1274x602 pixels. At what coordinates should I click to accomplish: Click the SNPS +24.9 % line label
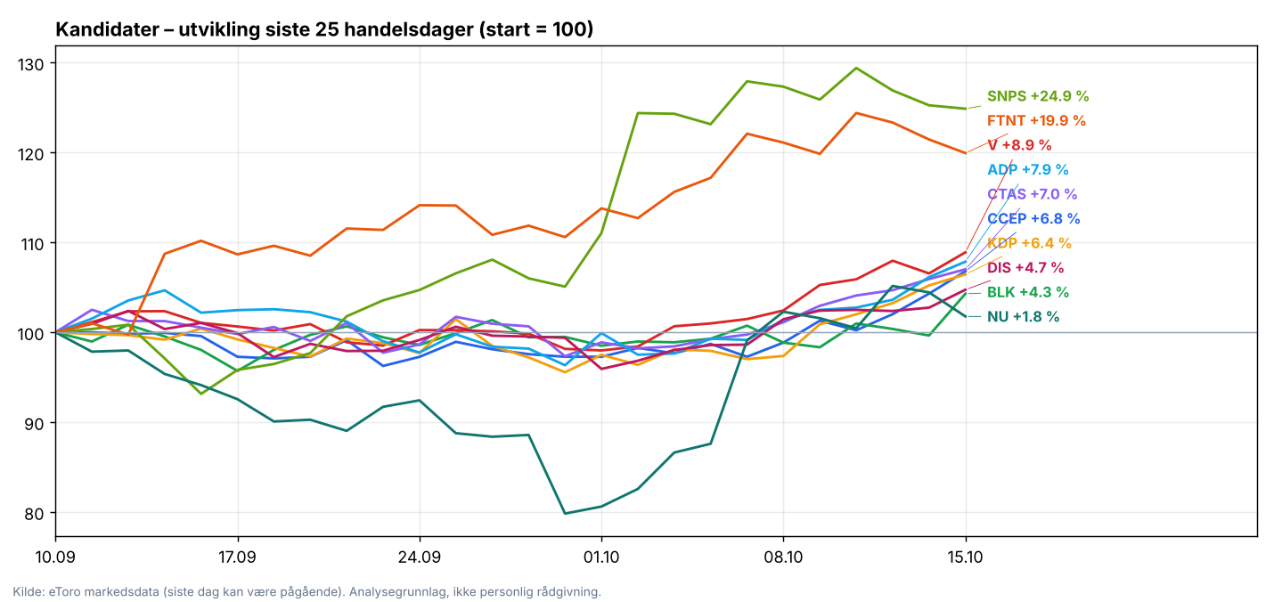pyautogui.click(x=1038, y=96)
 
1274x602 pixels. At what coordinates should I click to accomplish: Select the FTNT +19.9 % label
pyautogui.click(x=1036, y=120)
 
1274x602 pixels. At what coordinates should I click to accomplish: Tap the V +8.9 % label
pyautogui.click(x=1020, y=145)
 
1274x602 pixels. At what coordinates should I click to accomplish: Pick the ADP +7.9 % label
pyautogui.click(x=1028, y=169)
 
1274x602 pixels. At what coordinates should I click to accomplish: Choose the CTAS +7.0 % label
pyautogui.click(x=1033, y=194)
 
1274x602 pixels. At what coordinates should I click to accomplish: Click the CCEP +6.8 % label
pyautogui.click(x=1033, y=218)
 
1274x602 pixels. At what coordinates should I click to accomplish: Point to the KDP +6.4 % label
pyautogui.click(x=1029, y=243)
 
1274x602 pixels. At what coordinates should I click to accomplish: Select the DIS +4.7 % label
pyautogui.click(x=1025, y=267)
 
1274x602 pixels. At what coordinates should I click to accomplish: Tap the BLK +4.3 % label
pyautogui.click(x=1028, y=292)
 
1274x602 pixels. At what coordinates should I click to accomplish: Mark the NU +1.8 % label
pyautogui.click(x=1023, y=317)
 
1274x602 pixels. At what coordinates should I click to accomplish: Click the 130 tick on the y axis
pyautogui.click(x=30, y=64)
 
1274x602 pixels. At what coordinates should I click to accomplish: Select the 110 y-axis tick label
pyautogui.click(x=30, y=244)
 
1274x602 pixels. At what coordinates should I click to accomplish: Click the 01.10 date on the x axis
pyautogui.click(x=601, y=557)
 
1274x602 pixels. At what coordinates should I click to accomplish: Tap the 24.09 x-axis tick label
pyautogui.click(x=419, y=557)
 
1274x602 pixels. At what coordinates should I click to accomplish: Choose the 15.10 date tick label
pyautogui.click(x=965, y=557)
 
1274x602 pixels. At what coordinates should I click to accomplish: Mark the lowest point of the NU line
pyautogui.click(x=565, y=513)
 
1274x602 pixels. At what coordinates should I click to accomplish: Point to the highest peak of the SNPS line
pyautogui.click(x=856, y=69)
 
